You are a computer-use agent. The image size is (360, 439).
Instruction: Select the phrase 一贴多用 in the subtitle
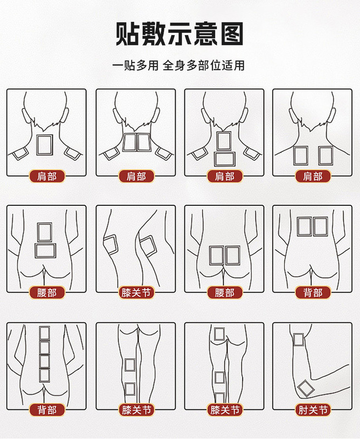pos(135,65)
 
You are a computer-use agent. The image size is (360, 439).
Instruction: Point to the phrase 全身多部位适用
pos(204,65)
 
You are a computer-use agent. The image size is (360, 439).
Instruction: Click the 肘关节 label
pos(313,410)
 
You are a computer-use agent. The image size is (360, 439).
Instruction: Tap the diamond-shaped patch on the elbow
pos(306,389)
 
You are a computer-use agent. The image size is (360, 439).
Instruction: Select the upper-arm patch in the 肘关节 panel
pos(299,340)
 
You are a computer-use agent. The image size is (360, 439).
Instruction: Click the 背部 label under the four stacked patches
pos(47,410)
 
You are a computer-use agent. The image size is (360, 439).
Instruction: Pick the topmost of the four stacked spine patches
pos(44,333)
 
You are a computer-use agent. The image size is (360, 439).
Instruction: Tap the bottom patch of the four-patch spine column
pos(44,375)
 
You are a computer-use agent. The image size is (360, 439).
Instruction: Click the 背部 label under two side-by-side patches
pos(313,293)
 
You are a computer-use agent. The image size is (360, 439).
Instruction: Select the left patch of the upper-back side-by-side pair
pos(304,227)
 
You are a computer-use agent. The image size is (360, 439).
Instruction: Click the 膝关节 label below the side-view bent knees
pos(136,293)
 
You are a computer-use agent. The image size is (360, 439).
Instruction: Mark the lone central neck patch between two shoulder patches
pos(44,145)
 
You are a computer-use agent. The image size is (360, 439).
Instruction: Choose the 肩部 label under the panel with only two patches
pos(313,177)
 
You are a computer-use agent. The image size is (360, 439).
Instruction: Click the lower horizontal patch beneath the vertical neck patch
pos(224,159)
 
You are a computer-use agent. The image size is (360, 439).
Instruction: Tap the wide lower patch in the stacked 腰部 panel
pos(46,251)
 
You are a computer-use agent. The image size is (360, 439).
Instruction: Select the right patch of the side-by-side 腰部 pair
pos(233,255)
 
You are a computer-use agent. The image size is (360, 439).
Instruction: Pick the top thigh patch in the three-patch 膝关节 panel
pos(219,334)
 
